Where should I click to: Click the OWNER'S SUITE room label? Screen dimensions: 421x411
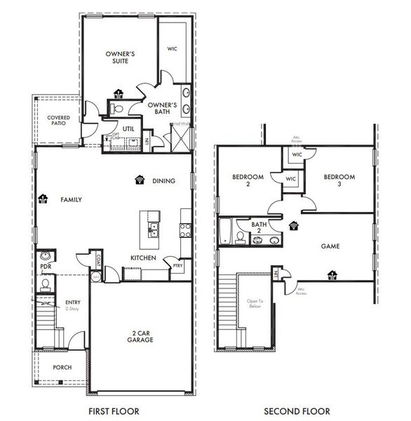pos(121,57)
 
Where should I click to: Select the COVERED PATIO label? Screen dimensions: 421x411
pos(58,122)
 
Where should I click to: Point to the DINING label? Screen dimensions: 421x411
pos(163,180)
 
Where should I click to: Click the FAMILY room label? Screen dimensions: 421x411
pos(71,200)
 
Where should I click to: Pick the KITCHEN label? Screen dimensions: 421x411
pos(143,258)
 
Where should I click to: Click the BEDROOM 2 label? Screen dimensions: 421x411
pos(248,180)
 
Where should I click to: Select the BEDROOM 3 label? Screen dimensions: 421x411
pos(339,180)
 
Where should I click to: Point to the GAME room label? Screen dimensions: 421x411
pos(330,247)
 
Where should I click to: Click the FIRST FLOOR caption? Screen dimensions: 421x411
pos(113,410)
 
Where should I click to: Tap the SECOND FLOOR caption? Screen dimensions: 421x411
pos(297,410)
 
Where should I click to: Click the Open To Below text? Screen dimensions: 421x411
pos(254,304)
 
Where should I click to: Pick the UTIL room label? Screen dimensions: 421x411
pos(128,129)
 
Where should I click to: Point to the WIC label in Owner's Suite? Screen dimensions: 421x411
pos(172,49)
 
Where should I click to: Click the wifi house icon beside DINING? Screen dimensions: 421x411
pos(140,180)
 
